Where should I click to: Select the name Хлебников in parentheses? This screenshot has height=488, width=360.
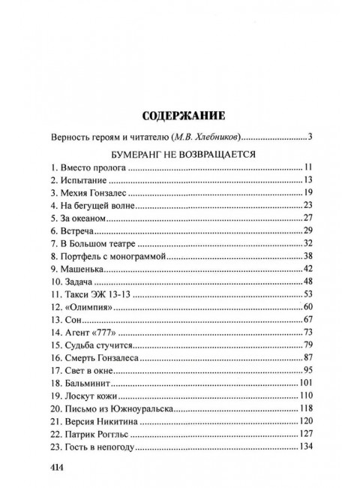click(209, 137)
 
